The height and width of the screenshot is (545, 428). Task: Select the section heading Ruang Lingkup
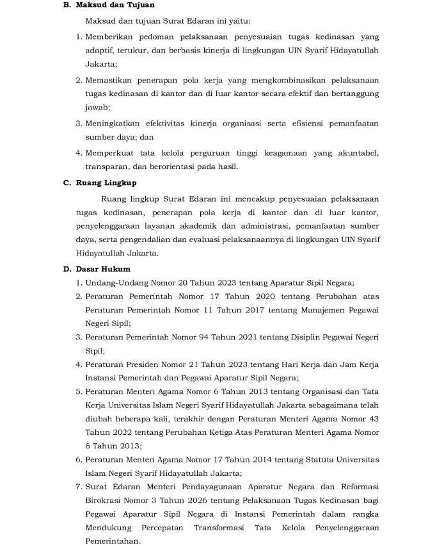(x=106, y=183)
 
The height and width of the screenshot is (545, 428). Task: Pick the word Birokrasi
(x=104, y=501)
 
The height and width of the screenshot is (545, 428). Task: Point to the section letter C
(x=66, y=183)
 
